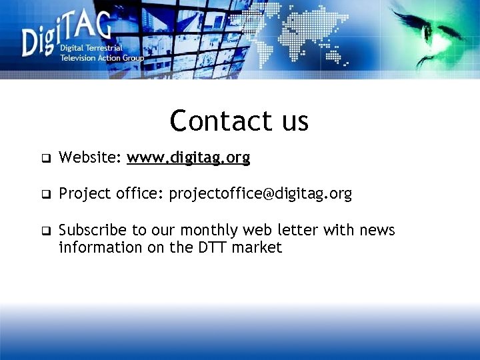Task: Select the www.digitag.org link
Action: click(x=189, y=158)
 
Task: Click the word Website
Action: click(x=89, y=158)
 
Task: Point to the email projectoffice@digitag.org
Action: click(x=260, y=194)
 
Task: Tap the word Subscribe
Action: click(x=93, y=231)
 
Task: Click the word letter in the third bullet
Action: click(x=297, y=231)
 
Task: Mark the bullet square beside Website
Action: click(x=46, y=159)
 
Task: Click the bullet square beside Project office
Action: click(x=46, y=195)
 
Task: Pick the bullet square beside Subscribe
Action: click(x=46, y=232)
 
